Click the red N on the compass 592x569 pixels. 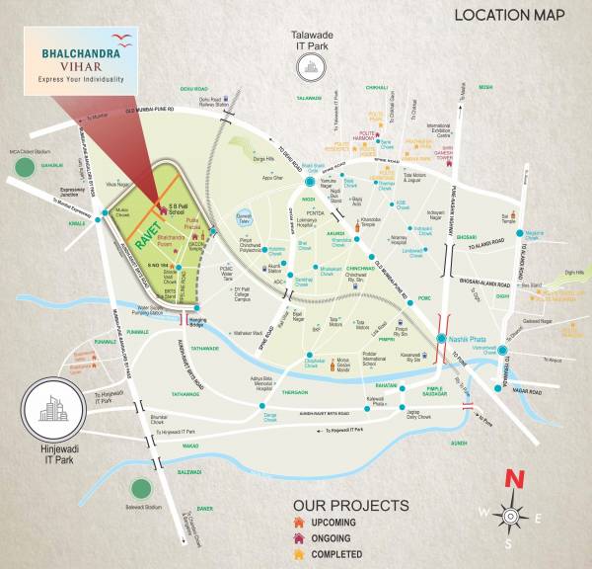[x=513, y=479]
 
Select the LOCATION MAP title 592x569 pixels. [x=509, y=16]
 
